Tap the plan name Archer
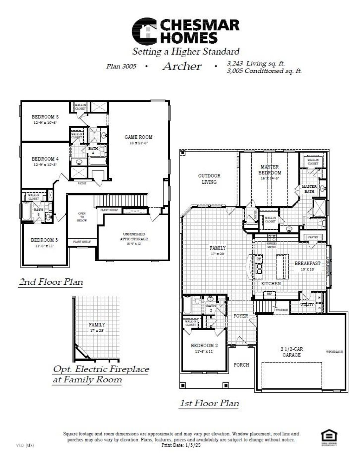click(182, 66)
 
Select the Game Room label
click(139, 137)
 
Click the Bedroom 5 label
click(45, 117)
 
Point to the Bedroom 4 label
click(45, 159)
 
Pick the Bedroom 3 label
click(44, 240)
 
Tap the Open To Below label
click(82, 217)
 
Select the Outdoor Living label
click(209, 179)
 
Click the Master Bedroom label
click(270, 170)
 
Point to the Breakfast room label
click(307, 263)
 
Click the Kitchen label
click(271, 283)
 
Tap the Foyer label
click(241, 316)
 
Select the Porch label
click(242, 365)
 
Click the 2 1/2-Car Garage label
click(292, 352)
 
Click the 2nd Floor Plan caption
click(51, 282)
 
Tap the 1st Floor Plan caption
click(209, 403)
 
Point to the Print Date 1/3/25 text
click(181, 445)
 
